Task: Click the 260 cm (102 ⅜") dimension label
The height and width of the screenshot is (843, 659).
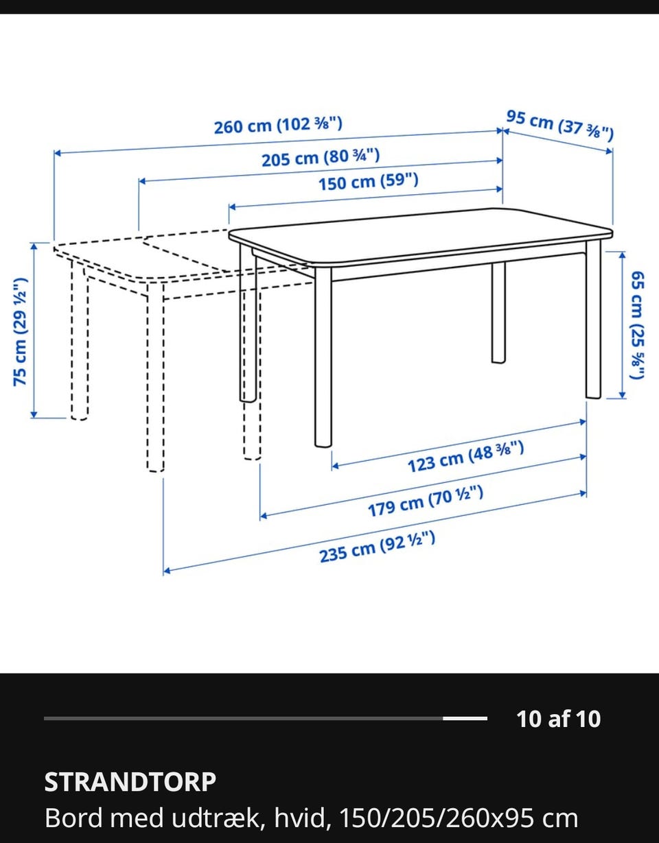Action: [x=278, y=126]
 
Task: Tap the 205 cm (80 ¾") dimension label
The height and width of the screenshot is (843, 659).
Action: [x=321, y=158]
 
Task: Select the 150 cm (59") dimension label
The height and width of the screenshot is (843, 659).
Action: [x=369, y=182]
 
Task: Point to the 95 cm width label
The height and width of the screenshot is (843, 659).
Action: [x=560, y=126]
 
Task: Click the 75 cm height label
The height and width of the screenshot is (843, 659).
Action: [x=20, y=332]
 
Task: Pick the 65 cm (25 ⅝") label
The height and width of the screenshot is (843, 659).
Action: [x=637, y=325]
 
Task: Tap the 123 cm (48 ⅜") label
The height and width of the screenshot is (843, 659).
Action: [x=465, y=457]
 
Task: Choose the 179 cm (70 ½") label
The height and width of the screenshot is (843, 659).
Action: [x=426, y=501]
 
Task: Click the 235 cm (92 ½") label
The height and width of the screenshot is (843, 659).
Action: [x=378, y=547]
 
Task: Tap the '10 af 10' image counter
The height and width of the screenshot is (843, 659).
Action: [x=559, y=719]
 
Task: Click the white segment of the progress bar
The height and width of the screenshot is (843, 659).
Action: [x=465, y=719]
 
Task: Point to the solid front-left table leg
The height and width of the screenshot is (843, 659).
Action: [x=323, y=357]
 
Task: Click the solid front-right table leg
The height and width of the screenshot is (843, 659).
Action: [x=593, y=319]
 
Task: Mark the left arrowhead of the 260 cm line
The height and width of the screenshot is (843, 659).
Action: [x=57, y=153]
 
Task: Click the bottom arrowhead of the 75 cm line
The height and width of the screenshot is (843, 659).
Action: [x=34, y=415]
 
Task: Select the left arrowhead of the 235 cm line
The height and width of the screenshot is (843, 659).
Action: [x=167, y=571]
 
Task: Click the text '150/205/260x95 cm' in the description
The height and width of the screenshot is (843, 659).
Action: [x=459, y=818]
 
